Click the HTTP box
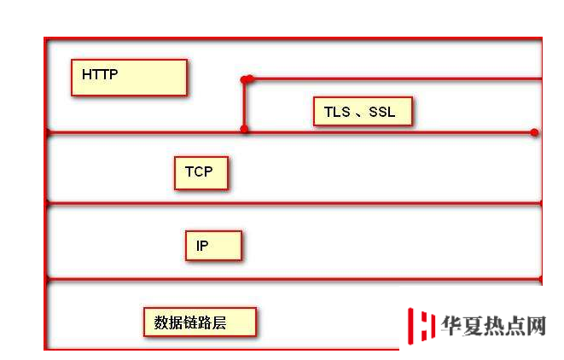[x=129, y=78]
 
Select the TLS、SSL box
[x=363, y=112]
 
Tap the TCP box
[x=201, y=173]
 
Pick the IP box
[x=213, y=246]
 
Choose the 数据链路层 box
[x=200, y=322]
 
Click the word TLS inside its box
[x=337, y=112]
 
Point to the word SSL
[x=382, y=112]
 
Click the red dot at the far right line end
[x=534, y=133]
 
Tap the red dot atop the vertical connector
[x=246, y=79]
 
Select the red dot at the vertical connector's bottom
[x=244, y=129]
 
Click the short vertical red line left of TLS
[x=244, y=104]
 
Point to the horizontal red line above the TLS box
[x=394, y=78]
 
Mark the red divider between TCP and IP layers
[x=294, y=204]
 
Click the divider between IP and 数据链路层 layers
[x=294, y=279]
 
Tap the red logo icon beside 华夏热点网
[x=421, y=326]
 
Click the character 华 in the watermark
[x=451, y=326]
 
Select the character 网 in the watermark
[x=536, y=326]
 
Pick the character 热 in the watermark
[x=494, y=326]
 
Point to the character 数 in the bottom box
[x=161, y=322]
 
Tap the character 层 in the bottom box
[x=219, y=322]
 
